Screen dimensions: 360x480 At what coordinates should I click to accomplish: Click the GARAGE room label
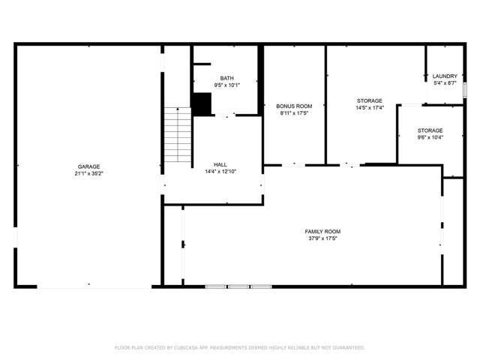pyautogui.click(x=88, y=166)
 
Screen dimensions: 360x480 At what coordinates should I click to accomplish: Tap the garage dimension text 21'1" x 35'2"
pyautogui.click(x=88, y=173)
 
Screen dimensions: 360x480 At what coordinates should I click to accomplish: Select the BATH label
pyautogui.click(x=226, y=78)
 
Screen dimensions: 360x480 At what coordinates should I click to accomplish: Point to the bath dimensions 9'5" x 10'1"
pyautogui.click(x=226, y=85)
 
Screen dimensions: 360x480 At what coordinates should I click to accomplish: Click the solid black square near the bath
pyautogui.click(x=201, y=103)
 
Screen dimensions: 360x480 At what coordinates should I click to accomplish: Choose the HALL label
pyautogui.click(x=220, y=164)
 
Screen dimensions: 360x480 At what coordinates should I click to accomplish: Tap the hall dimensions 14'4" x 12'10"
pyautogui.click(x=220, y=171)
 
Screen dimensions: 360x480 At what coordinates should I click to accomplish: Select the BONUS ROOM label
pyautogui.click(x=293, y=106)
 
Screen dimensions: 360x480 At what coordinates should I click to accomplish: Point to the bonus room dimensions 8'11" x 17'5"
pyautogui.click(x=293, y=113)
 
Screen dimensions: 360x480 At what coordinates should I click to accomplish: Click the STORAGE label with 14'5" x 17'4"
pyautogui.click(x=369, y=100)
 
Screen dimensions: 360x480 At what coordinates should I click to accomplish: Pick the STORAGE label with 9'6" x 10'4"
pyautogui.click(x=430, y=130)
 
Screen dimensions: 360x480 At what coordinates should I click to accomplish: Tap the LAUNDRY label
pyautogui.click(x=445, y=76)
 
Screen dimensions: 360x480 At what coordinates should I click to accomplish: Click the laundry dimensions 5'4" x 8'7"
pyautogui.click(x=445, y=82)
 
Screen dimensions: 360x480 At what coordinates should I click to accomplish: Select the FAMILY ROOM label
pyautogui.click(x=322, y=232)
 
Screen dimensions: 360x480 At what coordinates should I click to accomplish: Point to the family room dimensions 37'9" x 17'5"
pyautogui.click(x=322, y=238)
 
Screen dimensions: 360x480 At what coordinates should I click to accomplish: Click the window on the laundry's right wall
pyautogui.click(x=465, y=89)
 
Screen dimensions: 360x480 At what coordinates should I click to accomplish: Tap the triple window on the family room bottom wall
pyautogui.click(x=238, y=286)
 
